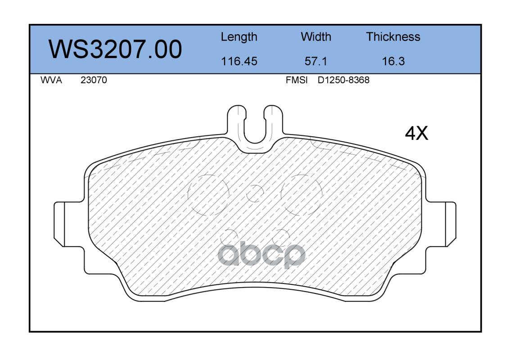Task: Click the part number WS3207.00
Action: (x=115, y=49)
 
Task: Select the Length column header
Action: (x=239, y=37)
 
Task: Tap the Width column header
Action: (x=316, y=36)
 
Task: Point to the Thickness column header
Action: (x=393, y=36)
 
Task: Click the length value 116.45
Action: (x=239, y=61)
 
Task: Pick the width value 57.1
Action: (x=316, y=61)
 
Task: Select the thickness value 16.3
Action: (x=393, y=61)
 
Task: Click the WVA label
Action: (x=51, y=80)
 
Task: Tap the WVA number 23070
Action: (x=94, y=80)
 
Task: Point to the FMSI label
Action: (x=297, y=80)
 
